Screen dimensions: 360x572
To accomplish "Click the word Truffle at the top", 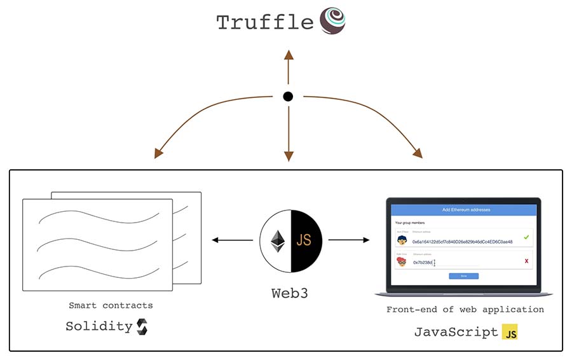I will pyautogui.click(x=265, y=23).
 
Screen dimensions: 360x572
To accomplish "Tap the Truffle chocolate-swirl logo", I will pyautogui.click(x=332, y=20).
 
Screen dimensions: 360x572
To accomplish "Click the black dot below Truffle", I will pyautogui.click(x=288, y=97).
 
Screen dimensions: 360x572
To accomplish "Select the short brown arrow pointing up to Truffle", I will pyautogui.click(x=288, y=67).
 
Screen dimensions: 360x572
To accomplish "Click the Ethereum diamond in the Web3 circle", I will pyautogui.click(x=277, y=241).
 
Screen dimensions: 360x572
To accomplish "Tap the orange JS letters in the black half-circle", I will pyautogui.click(x=304, y=240).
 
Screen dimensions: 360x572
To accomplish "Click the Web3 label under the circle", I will pyautogui.click(x=289, y=293).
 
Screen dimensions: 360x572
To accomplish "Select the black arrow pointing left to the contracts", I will pyautogui.click(x=231, y=240).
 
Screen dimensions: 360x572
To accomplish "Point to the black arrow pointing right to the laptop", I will pyautogui.click(x=349, y=240).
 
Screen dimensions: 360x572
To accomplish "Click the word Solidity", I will pyautogui.click(x=99, y=327).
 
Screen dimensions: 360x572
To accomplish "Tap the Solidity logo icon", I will pyautogui.click(x=142, y=327).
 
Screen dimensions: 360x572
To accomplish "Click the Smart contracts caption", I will pyautogui.click(x=111, y=305).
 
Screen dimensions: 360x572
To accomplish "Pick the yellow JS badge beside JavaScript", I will pyautogui.click(x=510, y=331).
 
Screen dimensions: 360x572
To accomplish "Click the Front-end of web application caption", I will pyautogui.click(x=465, y=310).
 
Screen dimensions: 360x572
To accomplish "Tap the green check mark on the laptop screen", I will pyautogui.click(x=526, y=237).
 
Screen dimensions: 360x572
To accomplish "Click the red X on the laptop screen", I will pyautogui.click(x=526, y=261).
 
